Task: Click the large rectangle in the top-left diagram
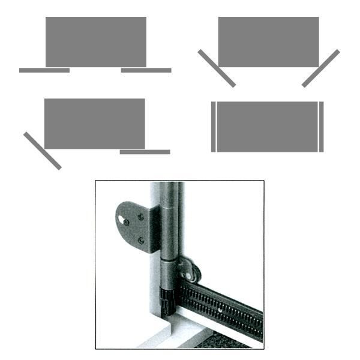(96, 41)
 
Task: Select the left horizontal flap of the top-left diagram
(44, 70)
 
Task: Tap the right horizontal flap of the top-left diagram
(146, 70)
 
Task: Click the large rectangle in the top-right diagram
(268, 41)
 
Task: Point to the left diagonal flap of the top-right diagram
(216, 68)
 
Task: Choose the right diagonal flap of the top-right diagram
(320, 68)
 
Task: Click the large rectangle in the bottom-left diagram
(94, 123)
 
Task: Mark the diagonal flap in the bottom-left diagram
(42, 151)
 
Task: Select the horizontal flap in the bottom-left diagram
(145, 152)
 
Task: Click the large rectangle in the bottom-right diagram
(267, 127)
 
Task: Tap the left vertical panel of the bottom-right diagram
(213, 127)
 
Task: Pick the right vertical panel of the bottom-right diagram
(321, 127)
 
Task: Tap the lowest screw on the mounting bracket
(140, 240)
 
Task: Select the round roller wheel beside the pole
(191, 272)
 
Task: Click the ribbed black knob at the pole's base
(167, 297)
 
